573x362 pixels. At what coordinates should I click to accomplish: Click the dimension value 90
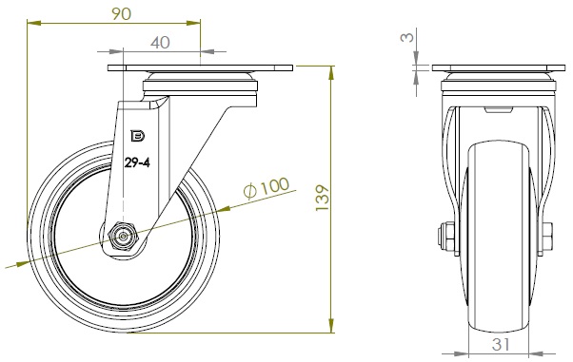[x=121, y=14]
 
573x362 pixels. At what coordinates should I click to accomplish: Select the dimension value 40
[x=160, y=43]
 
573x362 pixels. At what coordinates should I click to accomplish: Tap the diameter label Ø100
[x=267, y=188]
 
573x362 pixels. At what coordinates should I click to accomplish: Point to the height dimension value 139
[x=322, y=198]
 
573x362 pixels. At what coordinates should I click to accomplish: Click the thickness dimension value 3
[x=407, y=37]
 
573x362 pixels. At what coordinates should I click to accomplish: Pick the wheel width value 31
[x=501, y=344]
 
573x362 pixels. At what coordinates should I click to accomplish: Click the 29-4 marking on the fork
[x=137, y=162]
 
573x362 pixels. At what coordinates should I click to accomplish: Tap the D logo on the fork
[x=138, y=136]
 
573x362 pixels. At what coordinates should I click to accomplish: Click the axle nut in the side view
[x=123, y=238]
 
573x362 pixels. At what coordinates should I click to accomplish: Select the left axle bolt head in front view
[x=445, y=237]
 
